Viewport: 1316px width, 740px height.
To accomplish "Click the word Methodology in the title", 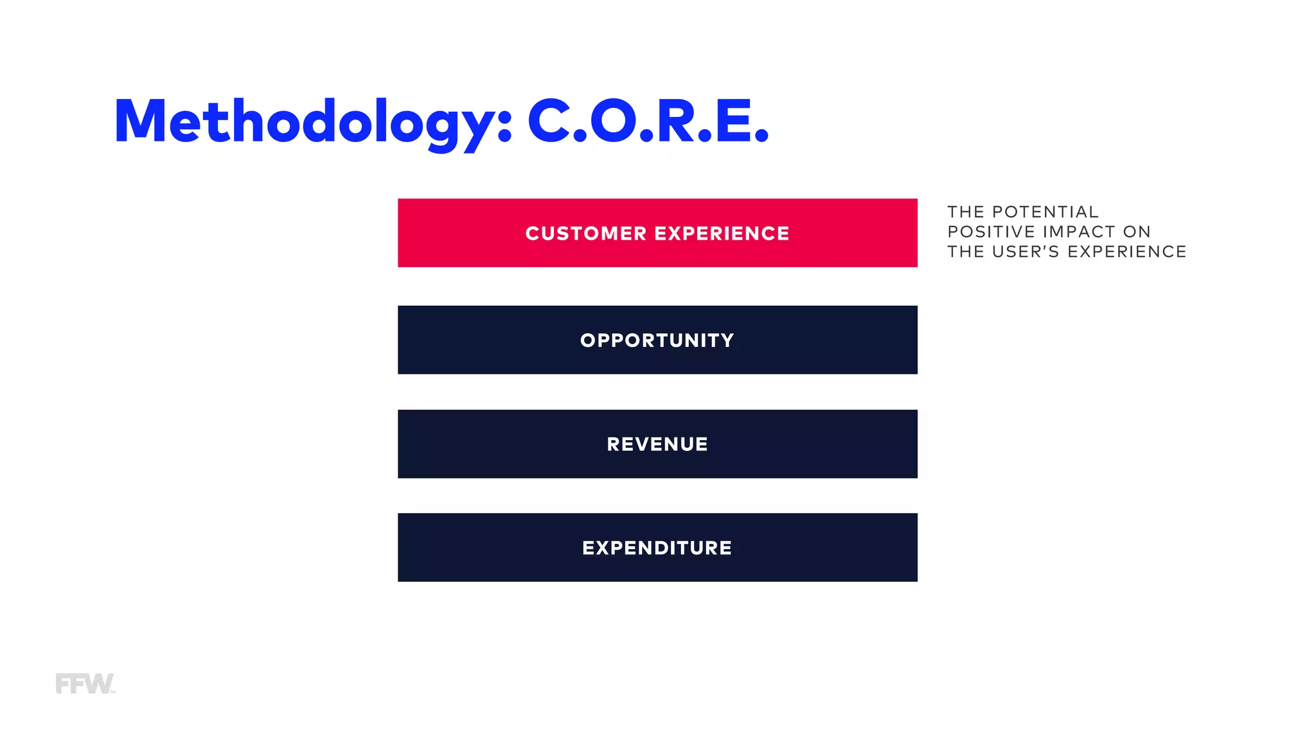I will pos(305,122).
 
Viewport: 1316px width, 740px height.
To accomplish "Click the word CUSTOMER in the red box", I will pos(585,233).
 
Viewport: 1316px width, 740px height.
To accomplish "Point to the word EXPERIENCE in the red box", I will pos(722,233).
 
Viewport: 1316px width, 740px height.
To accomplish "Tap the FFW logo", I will pos(85,683).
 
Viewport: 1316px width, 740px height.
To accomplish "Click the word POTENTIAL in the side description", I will pos(1045,212).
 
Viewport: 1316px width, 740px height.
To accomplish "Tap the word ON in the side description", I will pos(1137,232).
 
